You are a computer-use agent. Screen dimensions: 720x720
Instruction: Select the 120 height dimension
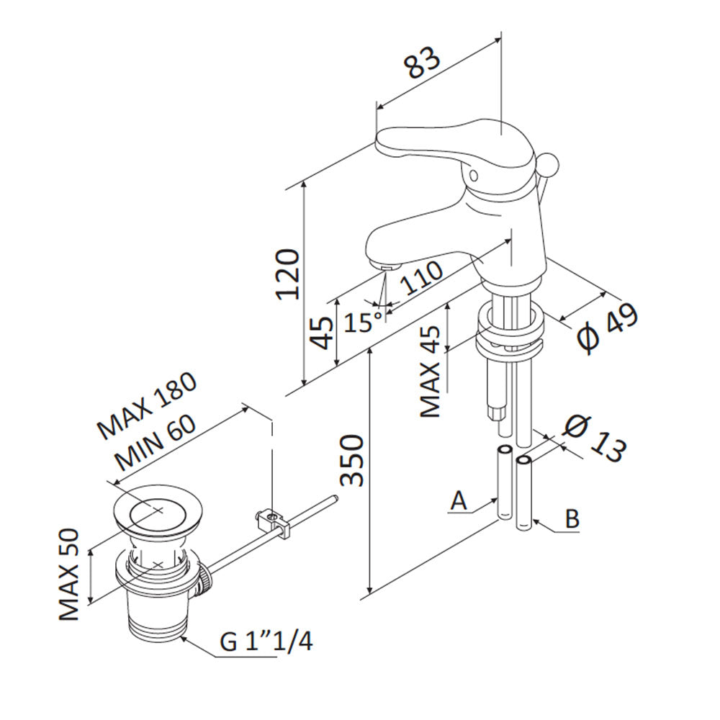coord(287,274)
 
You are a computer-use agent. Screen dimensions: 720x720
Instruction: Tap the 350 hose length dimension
coord(351,461)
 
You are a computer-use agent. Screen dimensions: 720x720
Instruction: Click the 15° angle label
coord(362,320)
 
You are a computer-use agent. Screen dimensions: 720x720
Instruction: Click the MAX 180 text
coord(148,407)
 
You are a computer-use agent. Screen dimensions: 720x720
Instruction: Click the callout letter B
coord(572,519)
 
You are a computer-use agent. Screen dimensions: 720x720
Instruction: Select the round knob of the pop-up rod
coord(548,165)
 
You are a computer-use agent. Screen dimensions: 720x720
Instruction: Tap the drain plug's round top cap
coord(156,512)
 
